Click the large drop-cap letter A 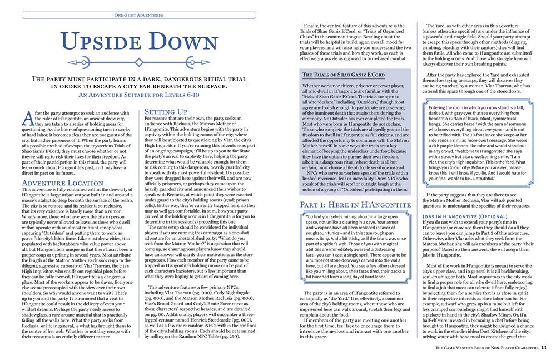[x=29, y=117]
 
